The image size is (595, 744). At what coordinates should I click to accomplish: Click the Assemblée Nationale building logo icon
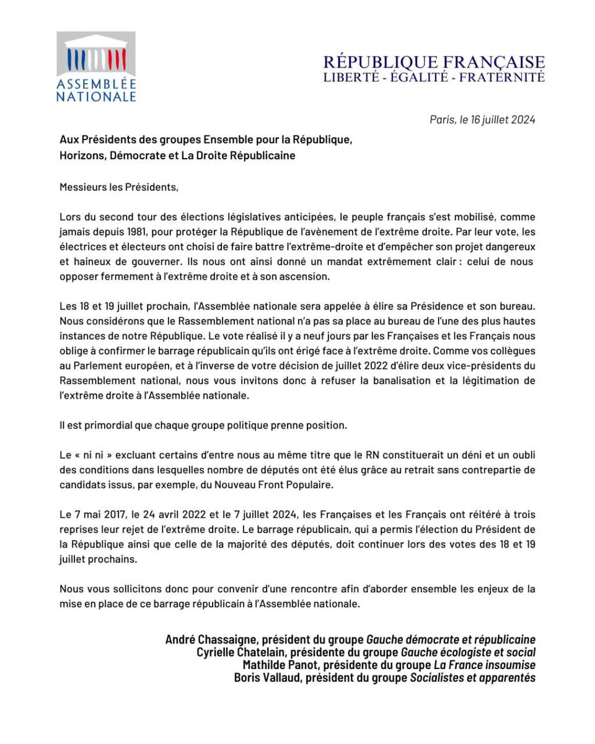coord(96,55)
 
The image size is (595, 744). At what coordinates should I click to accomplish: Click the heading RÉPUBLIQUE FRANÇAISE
coord(434,63)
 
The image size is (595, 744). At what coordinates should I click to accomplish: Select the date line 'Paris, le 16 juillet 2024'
coord(482,120)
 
